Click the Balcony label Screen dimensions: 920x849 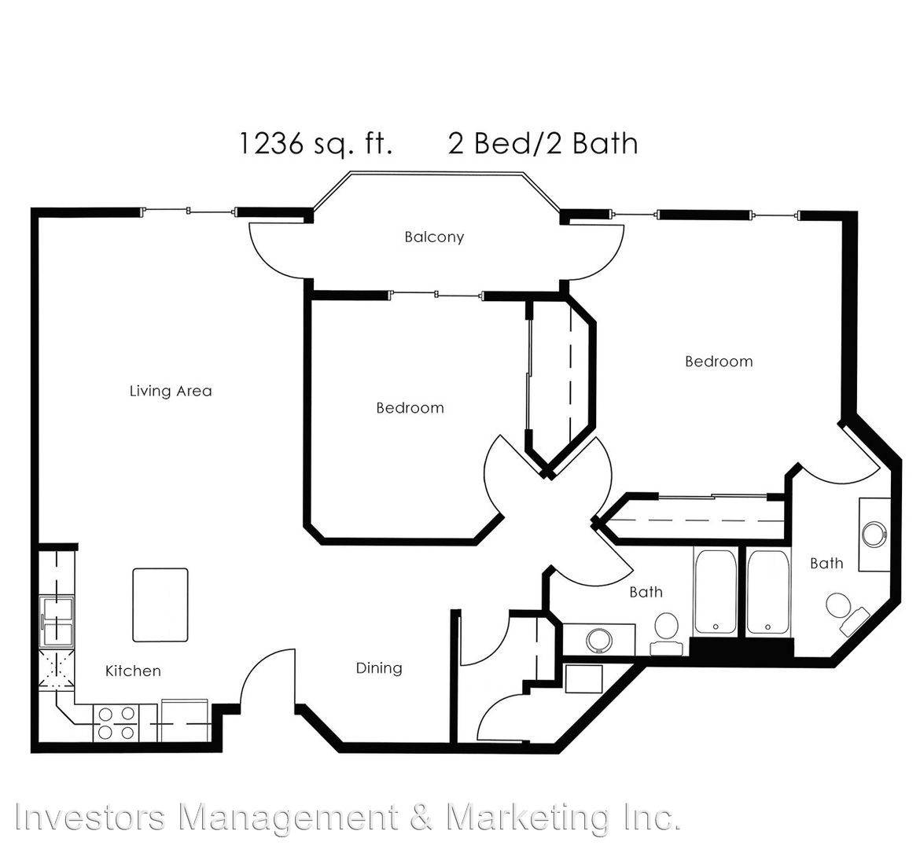click(434, 237)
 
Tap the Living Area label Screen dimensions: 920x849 click(171, 391)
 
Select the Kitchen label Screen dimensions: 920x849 click(133, 671)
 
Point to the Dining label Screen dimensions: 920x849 click(379, 668)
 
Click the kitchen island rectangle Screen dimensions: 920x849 click(160, 605)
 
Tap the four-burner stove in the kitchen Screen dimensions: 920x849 click(116, 723)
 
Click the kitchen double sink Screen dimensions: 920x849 click(57, 622)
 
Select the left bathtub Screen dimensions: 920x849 click(716, 591)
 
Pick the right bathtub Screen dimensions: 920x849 click(768, 591)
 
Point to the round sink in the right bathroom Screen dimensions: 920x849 click(875, 534)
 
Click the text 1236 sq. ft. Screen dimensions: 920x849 click(315, 144)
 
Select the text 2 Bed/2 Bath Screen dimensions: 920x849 click(543, 144)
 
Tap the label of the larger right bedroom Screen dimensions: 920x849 click(719, 362)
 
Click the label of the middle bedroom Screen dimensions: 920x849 click(410, 408)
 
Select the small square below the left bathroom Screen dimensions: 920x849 click(583, 679)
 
